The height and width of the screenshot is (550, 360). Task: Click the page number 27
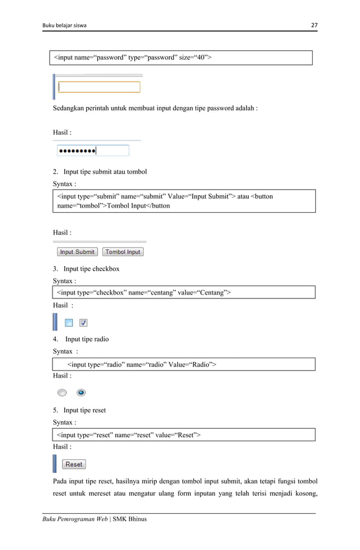click(x=314, y=25)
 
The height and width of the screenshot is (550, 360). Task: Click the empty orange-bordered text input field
click(x=99, y=87)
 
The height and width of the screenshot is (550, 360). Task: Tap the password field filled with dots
click(x=93, y=151)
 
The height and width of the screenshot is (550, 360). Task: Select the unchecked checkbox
click(x=68, y=323)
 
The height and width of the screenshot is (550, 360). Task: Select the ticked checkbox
click(x=83, y=323)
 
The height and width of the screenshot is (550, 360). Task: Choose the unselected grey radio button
click(x=62, y=393)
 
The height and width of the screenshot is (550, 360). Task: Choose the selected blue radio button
click(x=81, y=393)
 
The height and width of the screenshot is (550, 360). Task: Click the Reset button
click(x=74, y=464)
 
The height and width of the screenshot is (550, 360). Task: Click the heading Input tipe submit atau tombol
click(x=105, y=171)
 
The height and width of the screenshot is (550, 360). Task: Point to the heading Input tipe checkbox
click(x=91, y=269)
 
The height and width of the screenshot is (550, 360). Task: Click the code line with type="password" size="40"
click(x=133, y=58)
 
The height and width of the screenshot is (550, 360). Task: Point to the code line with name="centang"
click(x=143, y=292)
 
